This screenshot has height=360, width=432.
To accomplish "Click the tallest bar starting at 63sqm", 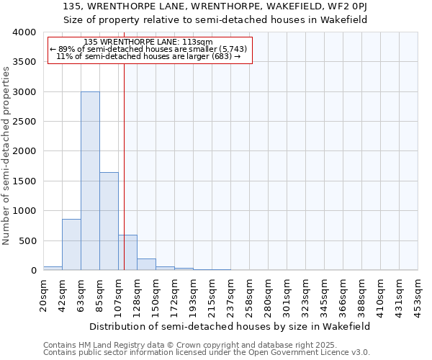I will click(90, 181).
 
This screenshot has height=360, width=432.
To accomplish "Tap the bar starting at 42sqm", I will click(71, 245).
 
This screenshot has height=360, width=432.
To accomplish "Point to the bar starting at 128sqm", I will click(146, 264).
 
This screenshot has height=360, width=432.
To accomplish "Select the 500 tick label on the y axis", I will click(28, 241).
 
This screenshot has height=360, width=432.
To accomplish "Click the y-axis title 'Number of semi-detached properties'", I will click(6, 156).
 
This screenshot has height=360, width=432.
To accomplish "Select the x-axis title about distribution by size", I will click(230, 326).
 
